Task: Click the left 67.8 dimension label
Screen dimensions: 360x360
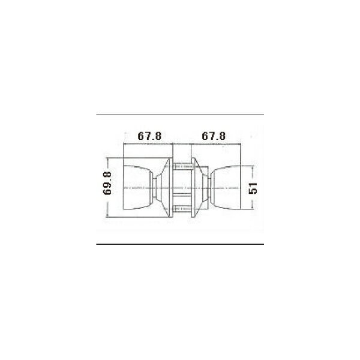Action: click(x=149, y=136)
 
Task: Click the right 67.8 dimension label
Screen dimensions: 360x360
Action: click(x=214, y=136)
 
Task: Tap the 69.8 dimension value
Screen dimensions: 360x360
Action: click(x=107, y=183)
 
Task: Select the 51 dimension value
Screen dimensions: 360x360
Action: click(x=253, y=188)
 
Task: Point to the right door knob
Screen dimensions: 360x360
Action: click(x=226, y=187)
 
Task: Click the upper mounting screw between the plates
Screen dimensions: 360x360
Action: click(x=183, y=166)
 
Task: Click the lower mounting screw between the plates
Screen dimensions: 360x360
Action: click(x=182, y=209)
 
